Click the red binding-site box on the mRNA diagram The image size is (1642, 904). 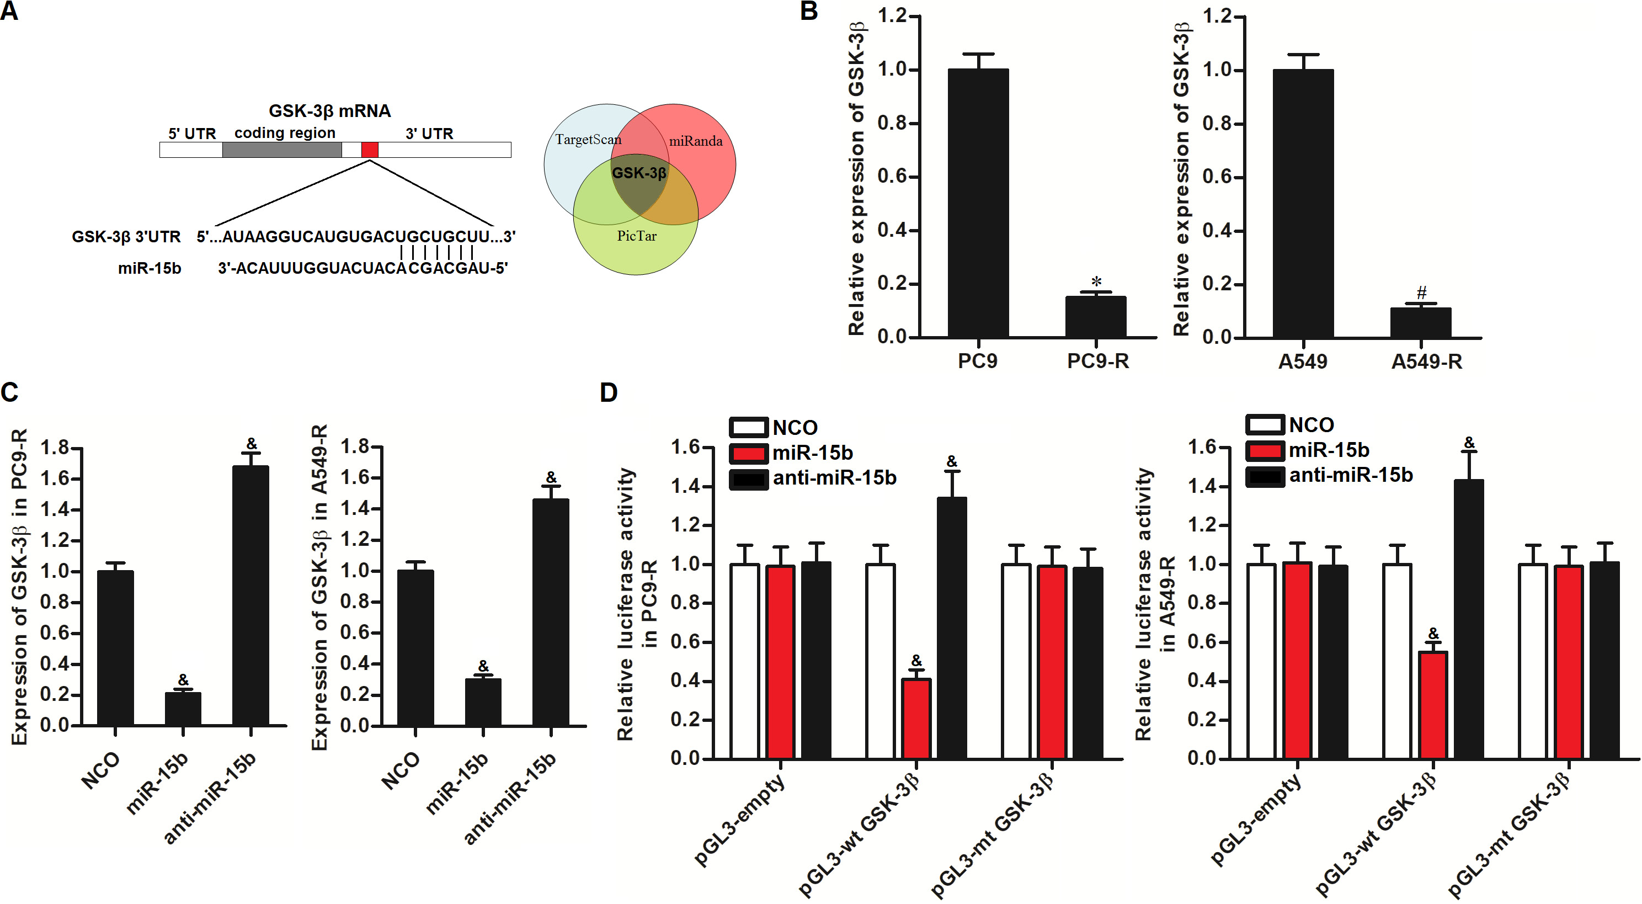[x=370, y=150]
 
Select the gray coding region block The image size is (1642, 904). [x=282, y=150]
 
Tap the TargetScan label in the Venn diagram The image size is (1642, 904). [x=588, y=140]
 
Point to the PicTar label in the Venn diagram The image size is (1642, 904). [x=636, y=236]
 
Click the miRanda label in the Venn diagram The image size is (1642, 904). [x=695, y=141]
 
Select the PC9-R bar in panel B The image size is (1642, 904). [x=1096, y=316]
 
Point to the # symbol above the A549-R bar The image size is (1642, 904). [x=1421, y=293]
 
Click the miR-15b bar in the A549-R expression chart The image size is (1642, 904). [x=483, y=701]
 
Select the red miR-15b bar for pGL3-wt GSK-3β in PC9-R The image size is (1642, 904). [x=916, y=719]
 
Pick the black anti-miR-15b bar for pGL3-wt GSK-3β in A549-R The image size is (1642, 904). [x=1469, y=618]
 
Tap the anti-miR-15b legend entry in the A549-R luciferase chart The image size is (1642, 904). [x=1329, y=476]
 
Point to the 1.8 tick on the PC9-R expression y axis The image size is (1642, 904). [x=55, y=448]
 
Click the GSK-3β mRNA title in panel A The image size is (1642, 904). [x=329, y=111]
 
